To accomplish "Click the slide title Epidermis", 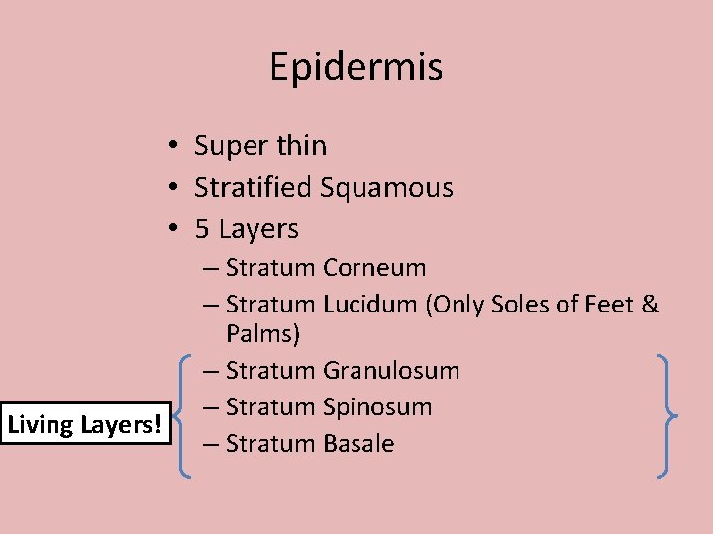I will pyautogui.click(x=356, y=67).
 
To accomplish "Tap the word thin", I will pyautogui.click(x=299, y=146).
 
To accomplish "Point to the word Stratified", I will pyautogui.click(x=254, y=187).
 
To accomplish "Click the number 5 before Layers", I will pyautogui.click(x=202, y=229).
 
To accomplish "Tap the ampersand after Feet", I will pyautogui.click(x=650, y=305).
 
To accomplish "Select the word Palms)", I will pyautogui.click(x=262, y=334).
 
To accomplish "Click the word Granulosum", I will pyautogui.click(x=391, y=371).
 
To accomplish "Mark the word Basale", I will pyautogui.click(x=358, y=444).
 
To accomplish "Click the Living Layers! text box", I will pyautogui.click(x=85, y=425).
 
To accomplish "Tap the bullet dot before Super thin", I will pyautogui.click(x=172, y=146).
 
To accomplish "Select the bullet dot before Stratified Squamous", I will pyautogui.click(x=172, y=188).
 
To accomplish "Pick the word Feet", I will pyautogui.click(x=613, y=305).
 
